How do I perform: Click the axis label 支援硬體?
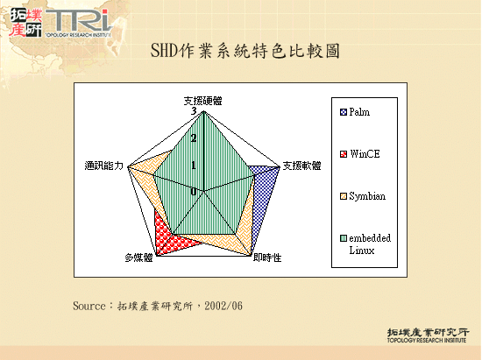click(202, 101)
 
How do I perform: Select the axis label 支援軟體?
click(301, 165)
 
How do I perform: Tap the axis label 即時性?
click(267, 258)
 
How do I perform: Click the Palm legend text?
click(359, 113)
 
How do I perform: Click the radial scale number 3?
click(193, 111)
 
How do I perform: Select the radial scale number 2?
click(193, 138)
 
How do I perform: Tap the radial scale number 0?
click(193, 192)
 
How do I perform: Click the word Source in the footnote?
click(89, 306)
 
